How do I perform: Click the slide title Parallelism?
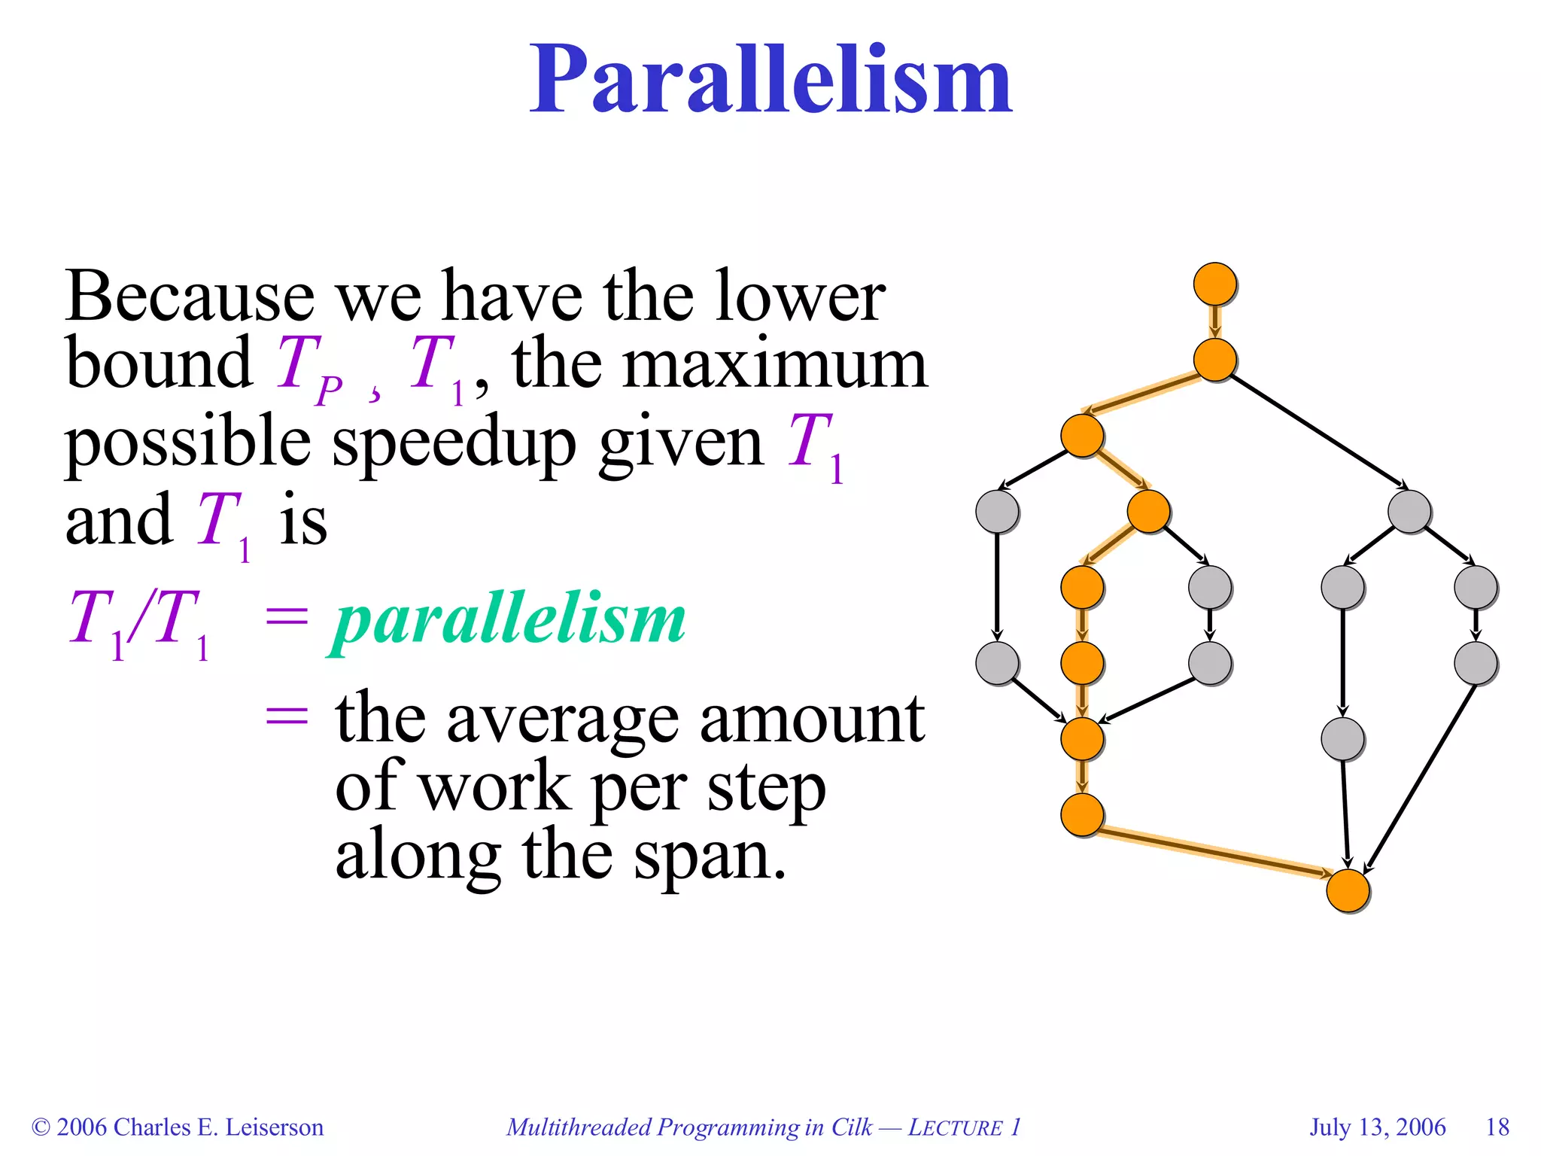(x=770, y=81)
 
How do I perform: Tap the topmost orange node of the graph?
(x=1214, y=284)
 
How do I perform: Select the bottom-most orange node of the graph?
(x=1347, y=890)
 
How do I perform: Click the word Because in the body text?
(x=189, y=297)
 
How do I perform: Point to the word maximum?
(x=775, y=365)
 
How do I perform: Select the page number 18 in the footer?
(x=1497, y=1127)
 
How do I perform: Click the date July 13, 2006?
(x=1377, y=1127)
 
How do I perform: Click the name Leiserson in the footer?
(x=274, y=1127)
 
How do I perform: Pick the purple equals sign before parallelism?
(x=287, y=619)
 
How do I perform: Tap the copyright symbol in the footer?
(x=41, y=1127)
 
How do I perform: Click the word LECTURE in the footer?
(x=956, y=1127)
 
